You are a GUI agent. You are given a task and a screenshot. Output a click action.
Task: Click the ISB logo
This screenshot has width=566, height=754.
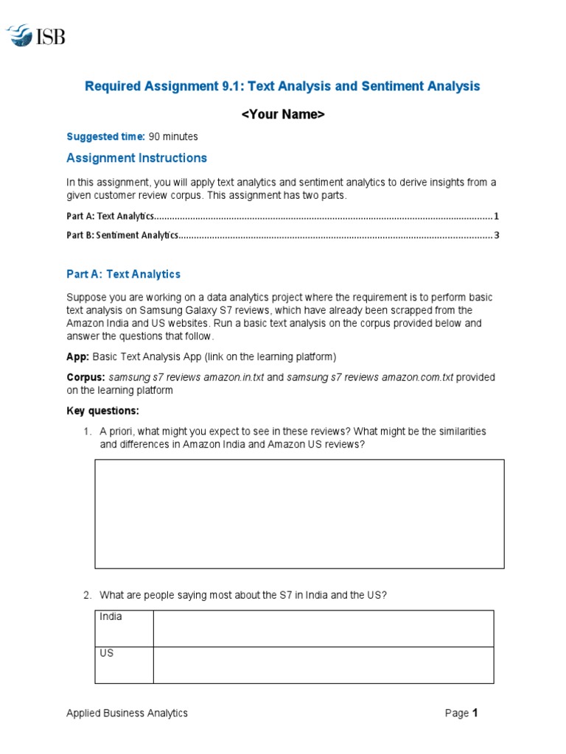pos(36,35)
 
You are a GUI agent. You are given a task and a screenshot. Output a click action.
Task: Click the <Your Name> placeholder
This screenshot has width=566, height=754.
pos(283,114)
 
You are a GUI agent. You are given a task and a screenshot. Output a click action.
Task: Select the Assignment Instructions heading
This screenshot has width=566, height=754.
pos(136,158)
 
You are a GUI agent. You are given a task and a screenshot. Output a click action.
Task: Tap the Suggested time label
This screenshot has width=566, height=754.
pos(105,136)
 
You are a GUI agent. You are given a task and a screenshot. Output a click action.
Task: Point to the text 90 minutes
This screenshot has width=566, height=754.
pos(173,136)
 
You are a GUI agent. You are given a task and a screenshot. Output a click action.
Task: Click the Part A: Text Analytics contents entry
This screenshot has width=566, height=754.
pos(111,216)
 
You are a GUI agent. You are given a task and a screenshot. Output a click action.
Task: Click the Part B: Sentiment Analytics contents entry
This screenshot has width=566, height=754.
pos(122,235)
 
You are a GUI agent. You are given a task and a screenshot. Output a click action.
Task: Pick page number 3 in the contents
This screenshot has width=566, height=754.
pos(497,235)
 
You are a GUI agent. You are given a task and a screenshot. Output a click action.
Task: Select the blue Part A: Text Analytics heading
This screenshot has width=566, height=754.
pos(123,274)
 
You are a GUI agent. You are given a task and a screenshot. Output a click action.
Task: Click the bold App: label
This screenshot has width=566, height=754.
pos(78,357)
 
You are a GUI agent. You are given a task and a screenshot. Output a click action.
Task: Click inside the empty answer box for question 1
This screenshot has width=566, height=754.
pos(299,513)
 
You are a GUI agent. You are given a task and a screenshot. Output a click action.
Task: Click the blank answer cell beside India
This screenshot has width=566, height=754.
pos(323,628)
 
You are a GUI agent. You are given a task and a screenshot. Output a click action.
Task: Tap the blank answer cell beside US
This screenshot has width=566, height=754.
pos(323,665)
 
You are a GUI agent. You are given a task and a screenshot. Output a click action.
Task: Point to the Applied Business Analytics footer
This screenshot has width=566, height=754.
pos(127,713)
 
